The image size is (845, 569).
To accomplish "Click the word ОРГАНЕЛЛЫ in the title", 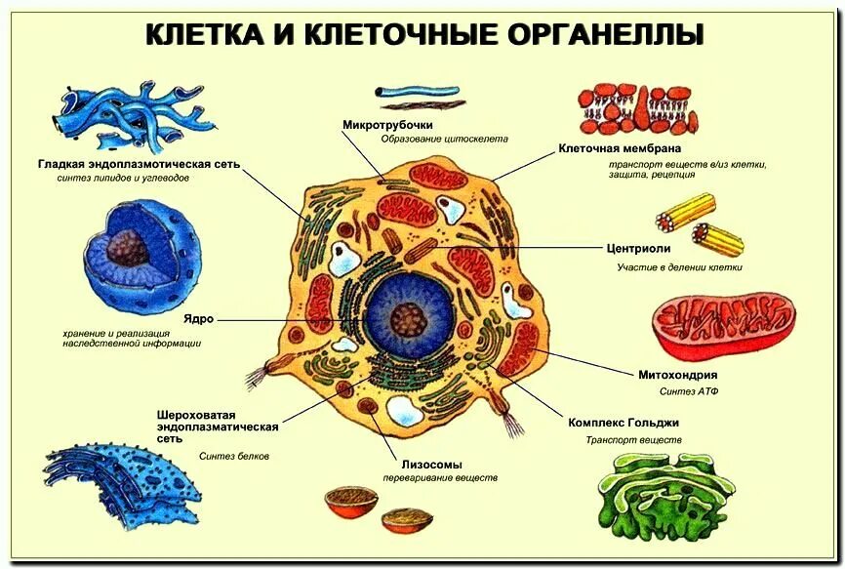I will [605, 34].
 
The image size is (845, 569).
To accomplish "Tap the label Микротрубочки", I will [387, 125].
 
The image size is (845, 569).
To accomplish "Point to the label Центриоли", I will [636, 249].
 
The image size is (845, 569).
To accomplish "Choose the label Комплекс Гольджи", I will [623, 424].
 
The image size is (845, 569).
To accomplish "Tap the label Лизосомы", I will [430, 465].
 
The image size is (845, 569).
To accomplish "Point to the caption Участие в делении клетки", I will [679, 266].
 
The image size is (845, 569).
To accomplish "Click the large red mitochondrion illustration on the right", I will [722, 327].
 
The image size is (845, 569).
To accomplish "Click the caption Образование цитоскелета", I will [444, 140].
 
